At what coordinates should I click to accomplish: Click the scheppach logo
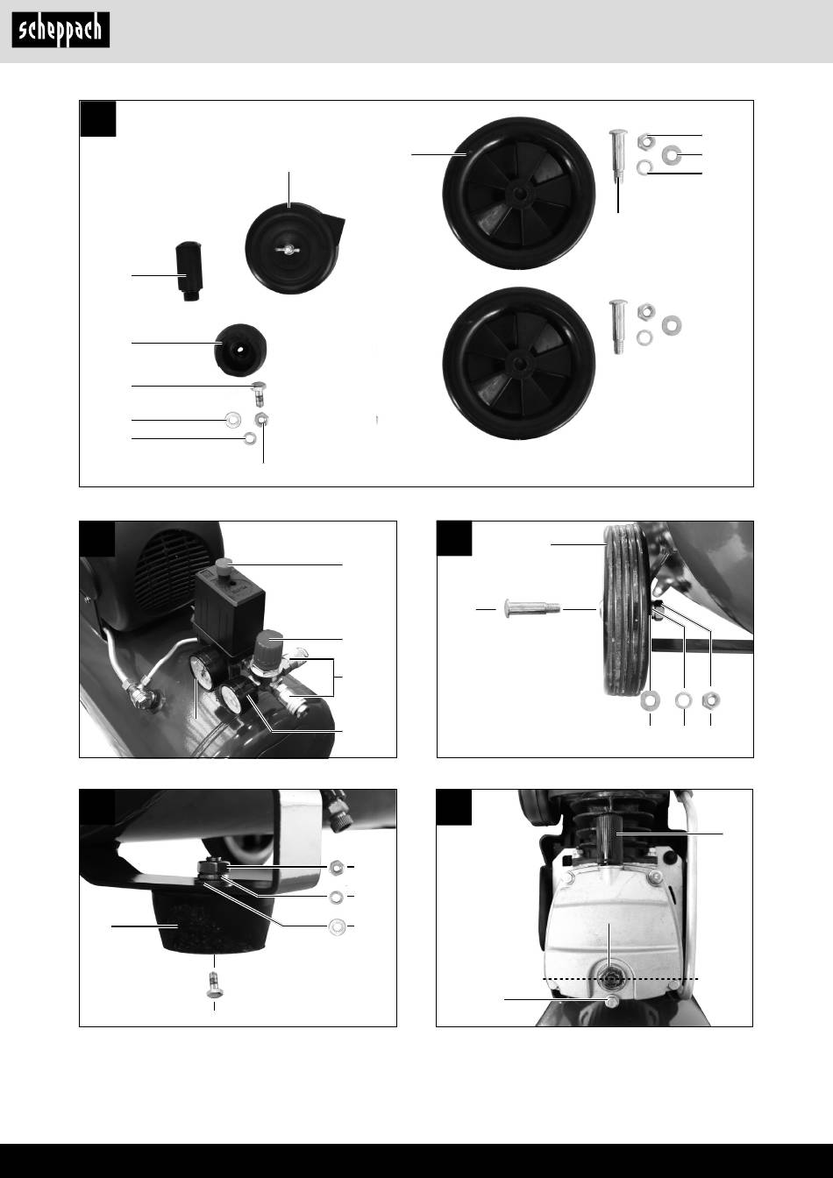click(61, 30)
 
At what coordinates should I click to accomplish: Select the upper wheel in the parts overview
click(519, 193)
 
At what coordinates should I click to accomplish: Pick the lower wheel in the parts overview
click(519, 364)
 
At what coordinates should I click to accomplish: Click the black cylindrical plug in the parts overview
click(189, 271)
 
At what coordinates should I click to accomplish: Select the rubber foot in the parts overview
click(240, 350)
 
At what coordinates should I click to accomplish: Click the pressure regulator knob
click(267, 646)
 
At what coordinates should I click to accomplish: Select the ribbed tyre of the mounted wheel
click(625, 610)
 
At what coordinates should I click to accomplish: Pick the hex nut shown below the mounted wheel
click(711, 700)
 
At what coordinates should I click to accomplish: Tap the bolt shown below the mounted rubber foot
click(214, 984)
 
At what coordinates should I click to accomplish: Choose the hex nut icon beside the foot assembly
click(336, 867)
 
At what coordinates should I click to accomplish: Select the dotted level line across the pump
click(621, 979)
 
